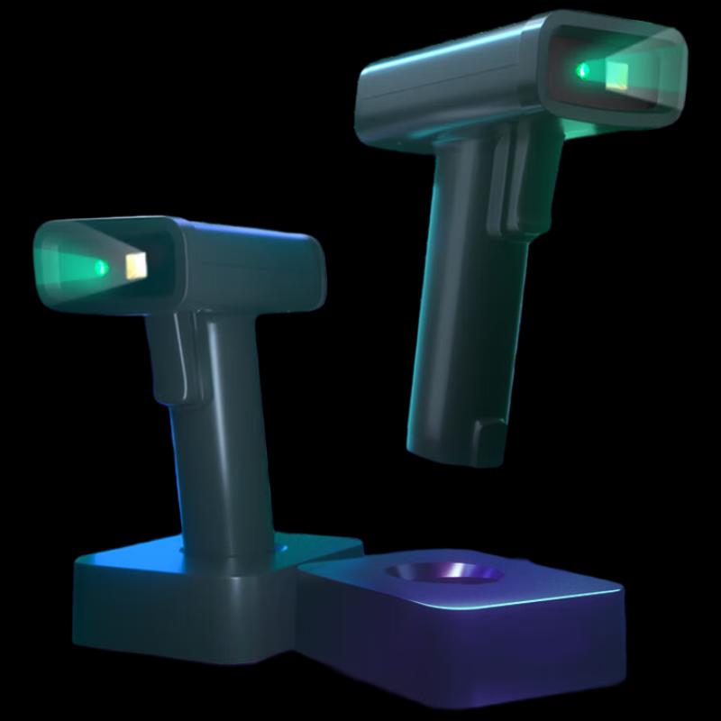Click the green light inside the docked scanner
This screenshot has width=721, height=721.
(102, 267)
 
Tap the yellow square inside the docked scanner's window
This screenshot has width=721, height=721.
(137, 266)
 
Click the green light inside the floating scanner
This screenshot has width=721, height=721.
(583, 69)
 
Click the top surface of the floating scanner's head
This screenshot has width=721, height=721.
(451, 54)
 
